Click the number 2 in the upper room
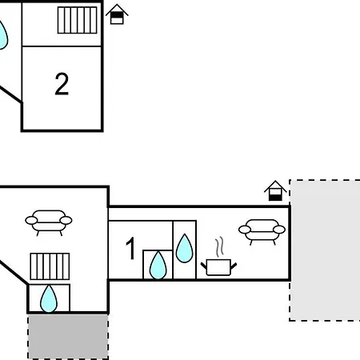tap(62, 84)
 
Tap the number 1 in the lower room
tap(130, 248)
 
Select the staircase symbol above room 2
tap(77, 20)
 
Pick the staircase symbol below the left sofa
tap(50, 266)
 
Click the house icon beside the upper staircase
tap(117, 14)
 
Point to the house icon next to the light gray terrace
tap(275, 191)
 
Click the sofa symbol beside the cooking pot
tap(262, 231)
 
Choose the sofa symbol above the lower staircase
tap(49, 222)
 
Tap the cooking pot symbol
tap(218, 267)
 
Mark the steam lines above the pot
tap(219, 246)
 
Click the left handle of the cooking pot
tap(204, 266)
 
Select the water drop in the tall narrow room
tap(184, 248)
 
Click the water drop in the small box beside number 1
tap(158, 266)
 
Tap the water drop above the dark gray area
tap(49, 298)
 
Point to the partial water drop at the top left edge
tap(2, 35)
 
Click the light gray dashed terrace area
tap(325, 250)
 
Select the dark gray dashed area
tap(68, 337)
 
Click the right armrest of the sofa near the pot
tap(279, 230)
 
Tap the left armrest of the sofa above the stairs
tap(31, 221)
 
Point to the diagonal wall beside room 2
tap(10, 94)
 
